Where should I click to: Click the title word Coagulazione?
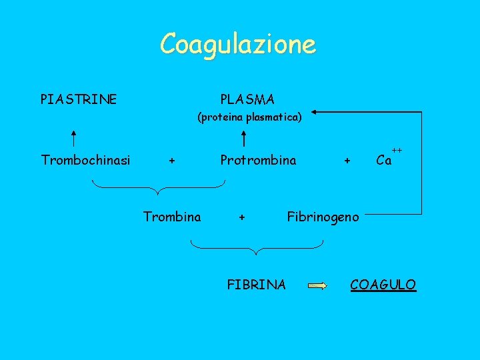click(x=238, y=45)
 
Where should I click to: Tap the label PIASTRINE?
click(x=79, y=100)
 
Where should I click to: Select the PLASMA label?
click(x=247, y=100)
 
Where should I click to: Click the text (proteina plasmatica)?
click(x=249, y=117)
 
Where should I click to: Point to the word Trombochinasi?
click(x=85, y=160)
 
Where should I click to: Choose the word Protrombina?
click(x=258, y=160)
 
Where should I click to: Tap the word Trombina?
click(x=172, y=216)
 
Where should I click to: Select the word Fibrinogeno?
click(x=323, y=216)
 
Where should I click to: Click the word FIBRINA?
click(x=257, y=285)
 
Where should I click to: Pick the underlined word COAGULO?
click(x=383, y=285)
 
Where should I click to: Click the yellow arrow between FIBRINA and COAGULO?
click(x=318, y=286)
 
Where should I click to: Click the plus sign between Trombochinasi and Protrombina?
click(x=172, y=161)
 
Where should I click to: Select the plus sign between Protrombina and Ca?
click(x=347, y=161)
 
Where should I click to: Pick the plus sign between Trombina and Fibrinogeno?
click(x=243, y=217)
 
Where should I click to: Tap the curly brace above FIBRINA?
click(x=257, y=247)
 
